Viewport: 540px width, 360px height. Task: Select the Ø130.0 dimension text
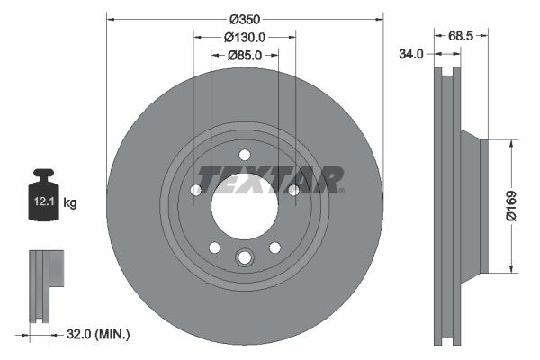point(244,38)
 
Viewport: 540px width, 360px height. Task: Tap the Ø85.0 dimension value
point(244,56)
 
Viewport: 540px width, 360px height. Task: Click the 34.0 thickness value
point(411,54)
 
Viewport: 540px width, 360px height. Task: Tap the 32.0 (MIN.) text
point(99,334)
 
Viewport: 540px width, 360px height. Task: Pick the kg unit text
point(70,203)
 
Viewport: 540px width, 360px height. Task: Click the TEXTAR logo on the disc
point(270,180)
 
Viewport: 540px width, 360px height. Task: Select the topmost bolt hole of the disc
point(245,154)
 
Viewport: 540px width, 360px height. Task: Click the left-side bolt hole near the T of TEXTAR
point(196,189)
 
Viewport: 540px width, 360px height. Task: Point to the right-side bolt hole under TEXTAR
point(292,189)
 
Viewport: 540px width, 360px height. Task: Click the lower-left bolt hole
point(214,247)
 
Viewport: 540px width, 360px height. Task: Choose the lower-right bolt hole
point(274,247)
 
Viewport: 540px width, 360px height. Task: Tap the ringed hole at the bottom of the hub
point(245,260)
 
